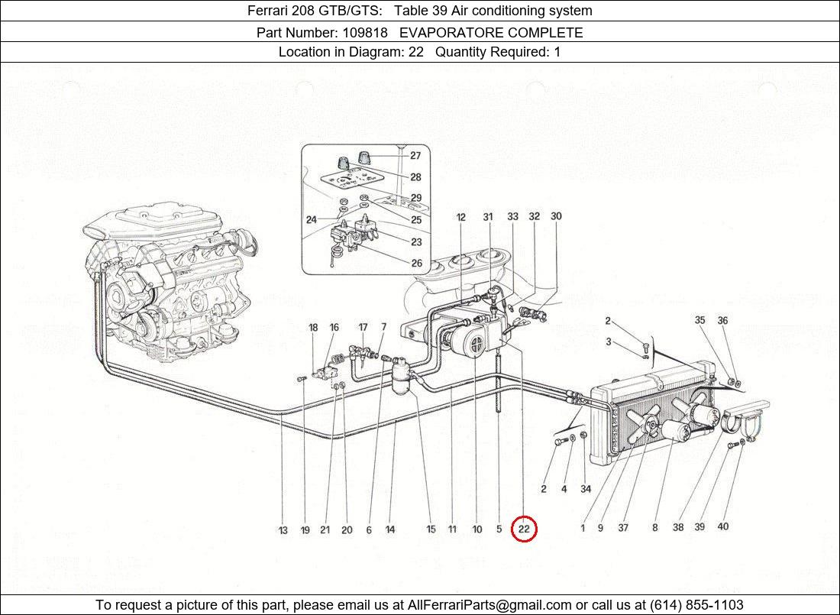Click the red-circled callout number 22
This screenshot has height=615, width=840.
pyautogui.click(x=525, y=529)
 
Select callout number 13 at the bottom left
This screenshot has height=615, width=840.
pyautogui.click(x=283, y=529)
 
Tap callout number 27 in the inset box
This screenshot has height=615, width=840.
pyautogui.click(x=415, y=156)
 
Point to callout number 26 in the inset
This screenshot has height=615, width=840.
pyautogui.click(x=416, y=264)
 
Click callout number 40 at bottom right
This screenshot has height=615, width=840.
pyautogui.click(x=722, y=526)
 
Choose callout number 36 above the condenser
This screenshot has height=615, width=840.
pyautogui.click(x=722, y=321)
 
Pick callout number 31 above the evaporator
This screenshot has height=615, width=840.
pyautogui.click(x=488, y=217)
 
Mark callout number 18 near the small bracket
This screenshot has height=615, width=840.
pyautogui.click(x=313, y=328)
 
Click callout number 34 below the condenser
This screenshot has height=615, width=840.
pyautogui.click(x=586, y=489)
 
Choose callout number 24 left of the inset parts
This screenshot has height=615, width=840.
pyautogui.click(x=312, y=220)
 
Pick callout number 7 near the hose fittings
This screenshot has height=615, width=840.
pyautogui.click(x=383, y=328)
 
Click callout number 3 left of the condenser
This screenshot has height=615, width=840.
pyautogui.click(x=609, y=342)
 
